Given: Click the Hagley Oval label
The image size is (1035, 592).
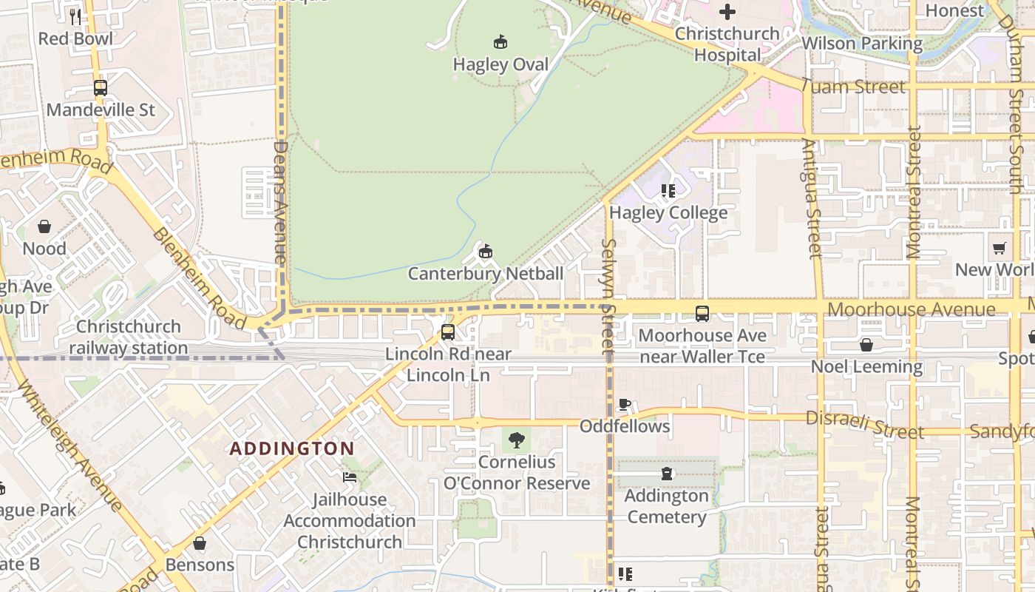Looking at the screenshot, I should click(500, 65).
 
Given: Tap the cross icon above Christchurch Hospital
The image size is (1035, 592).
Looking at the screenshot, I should click(727, 12).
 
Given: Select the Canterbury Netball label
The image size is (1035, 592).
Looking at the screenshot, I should click(486, 274).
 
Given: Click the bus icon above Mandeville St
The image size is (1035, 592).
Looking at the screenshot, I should click(101, 88).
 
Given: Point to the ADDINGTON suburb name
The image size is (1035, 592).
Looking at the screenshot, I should click(292, 448).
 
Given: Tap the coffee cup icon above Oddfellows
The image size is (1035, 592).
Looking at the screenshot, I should click(625, 405).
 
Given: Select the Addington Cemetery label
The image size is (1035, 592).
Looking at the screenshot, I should click(667, 506).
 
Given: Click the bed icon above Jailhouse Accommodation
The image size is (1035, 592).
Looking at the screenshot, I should click(350, 477).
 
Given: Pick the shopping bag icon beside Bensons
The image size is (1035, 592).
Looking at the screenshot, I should click(200, 544).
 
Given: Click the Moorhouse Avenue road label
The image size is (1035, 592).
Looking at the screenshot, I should click(911, 309).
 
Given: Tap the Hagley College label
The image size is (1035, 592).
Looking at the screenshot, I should click(668, 213).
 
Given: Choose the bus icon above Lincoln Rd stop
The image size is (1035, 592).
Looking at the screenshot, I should click(448, 332).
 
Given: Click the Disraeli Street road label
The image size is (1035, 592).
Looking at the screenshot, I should click(864, 424).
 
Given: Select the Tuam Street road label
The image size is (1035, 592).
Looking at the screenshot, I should click(853, 87).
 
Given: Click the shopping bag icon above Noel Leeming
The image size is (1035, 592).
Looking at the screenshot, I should click(866, 345).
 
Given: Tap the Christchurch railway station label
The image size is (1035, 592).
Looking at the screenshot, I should click(129, 337).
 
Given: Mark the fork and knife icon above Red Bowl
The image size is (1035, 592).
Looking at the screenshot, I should click(75, 16).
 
